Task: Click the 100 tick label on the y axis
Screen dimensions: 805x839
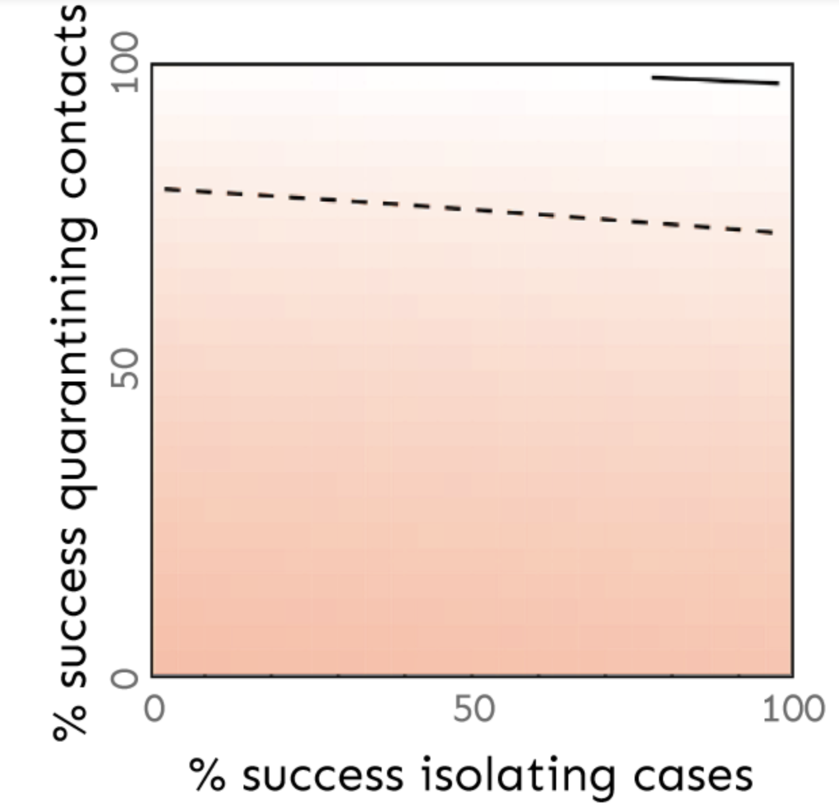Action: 126,64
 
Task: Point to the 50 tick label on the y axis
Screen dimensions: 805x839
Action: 126,369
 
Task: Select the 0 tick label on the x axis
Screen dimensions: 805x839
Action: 154,710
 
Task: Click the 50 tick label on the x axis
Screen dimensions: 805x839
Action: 473,710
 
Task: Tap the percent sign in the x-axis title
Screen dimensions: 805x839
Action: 207,775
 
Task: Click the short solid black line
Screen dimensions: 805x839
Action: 715,80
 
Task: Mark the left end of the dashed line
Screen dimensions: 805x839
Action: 165,188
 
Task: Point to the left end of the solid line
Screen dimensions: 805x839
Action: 653,77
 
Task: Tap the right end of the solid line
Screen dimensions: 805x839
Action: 779,83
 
